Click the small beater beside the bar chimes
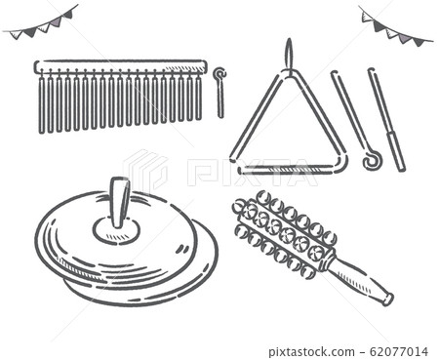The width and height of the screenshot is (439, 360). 220,93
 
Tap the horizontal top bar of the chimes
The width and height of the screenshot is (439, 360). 120,66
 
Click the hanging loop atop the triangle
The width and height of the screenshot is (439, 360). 289,57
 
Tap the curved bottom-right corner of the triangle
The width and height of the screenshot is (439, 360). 339,163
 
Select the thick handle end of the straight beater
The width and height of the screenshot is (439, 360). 395,151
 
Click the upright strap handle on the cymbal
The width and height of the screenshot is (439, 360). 118,202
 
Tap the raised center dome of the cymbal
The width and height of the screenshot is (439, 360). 116,230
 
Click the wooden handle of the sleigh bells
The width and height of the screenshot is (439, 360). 359,277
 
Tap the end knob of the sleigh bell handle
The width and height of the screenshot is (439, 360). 387,300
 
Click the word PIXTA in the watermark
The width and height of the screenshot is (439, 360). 252,173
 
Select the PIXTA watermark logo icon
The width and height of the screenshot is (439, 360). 145,169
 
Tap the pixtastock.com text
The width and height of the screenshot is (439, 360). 311,352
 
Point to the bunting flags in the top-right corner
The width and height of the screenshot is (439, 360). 395,26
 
